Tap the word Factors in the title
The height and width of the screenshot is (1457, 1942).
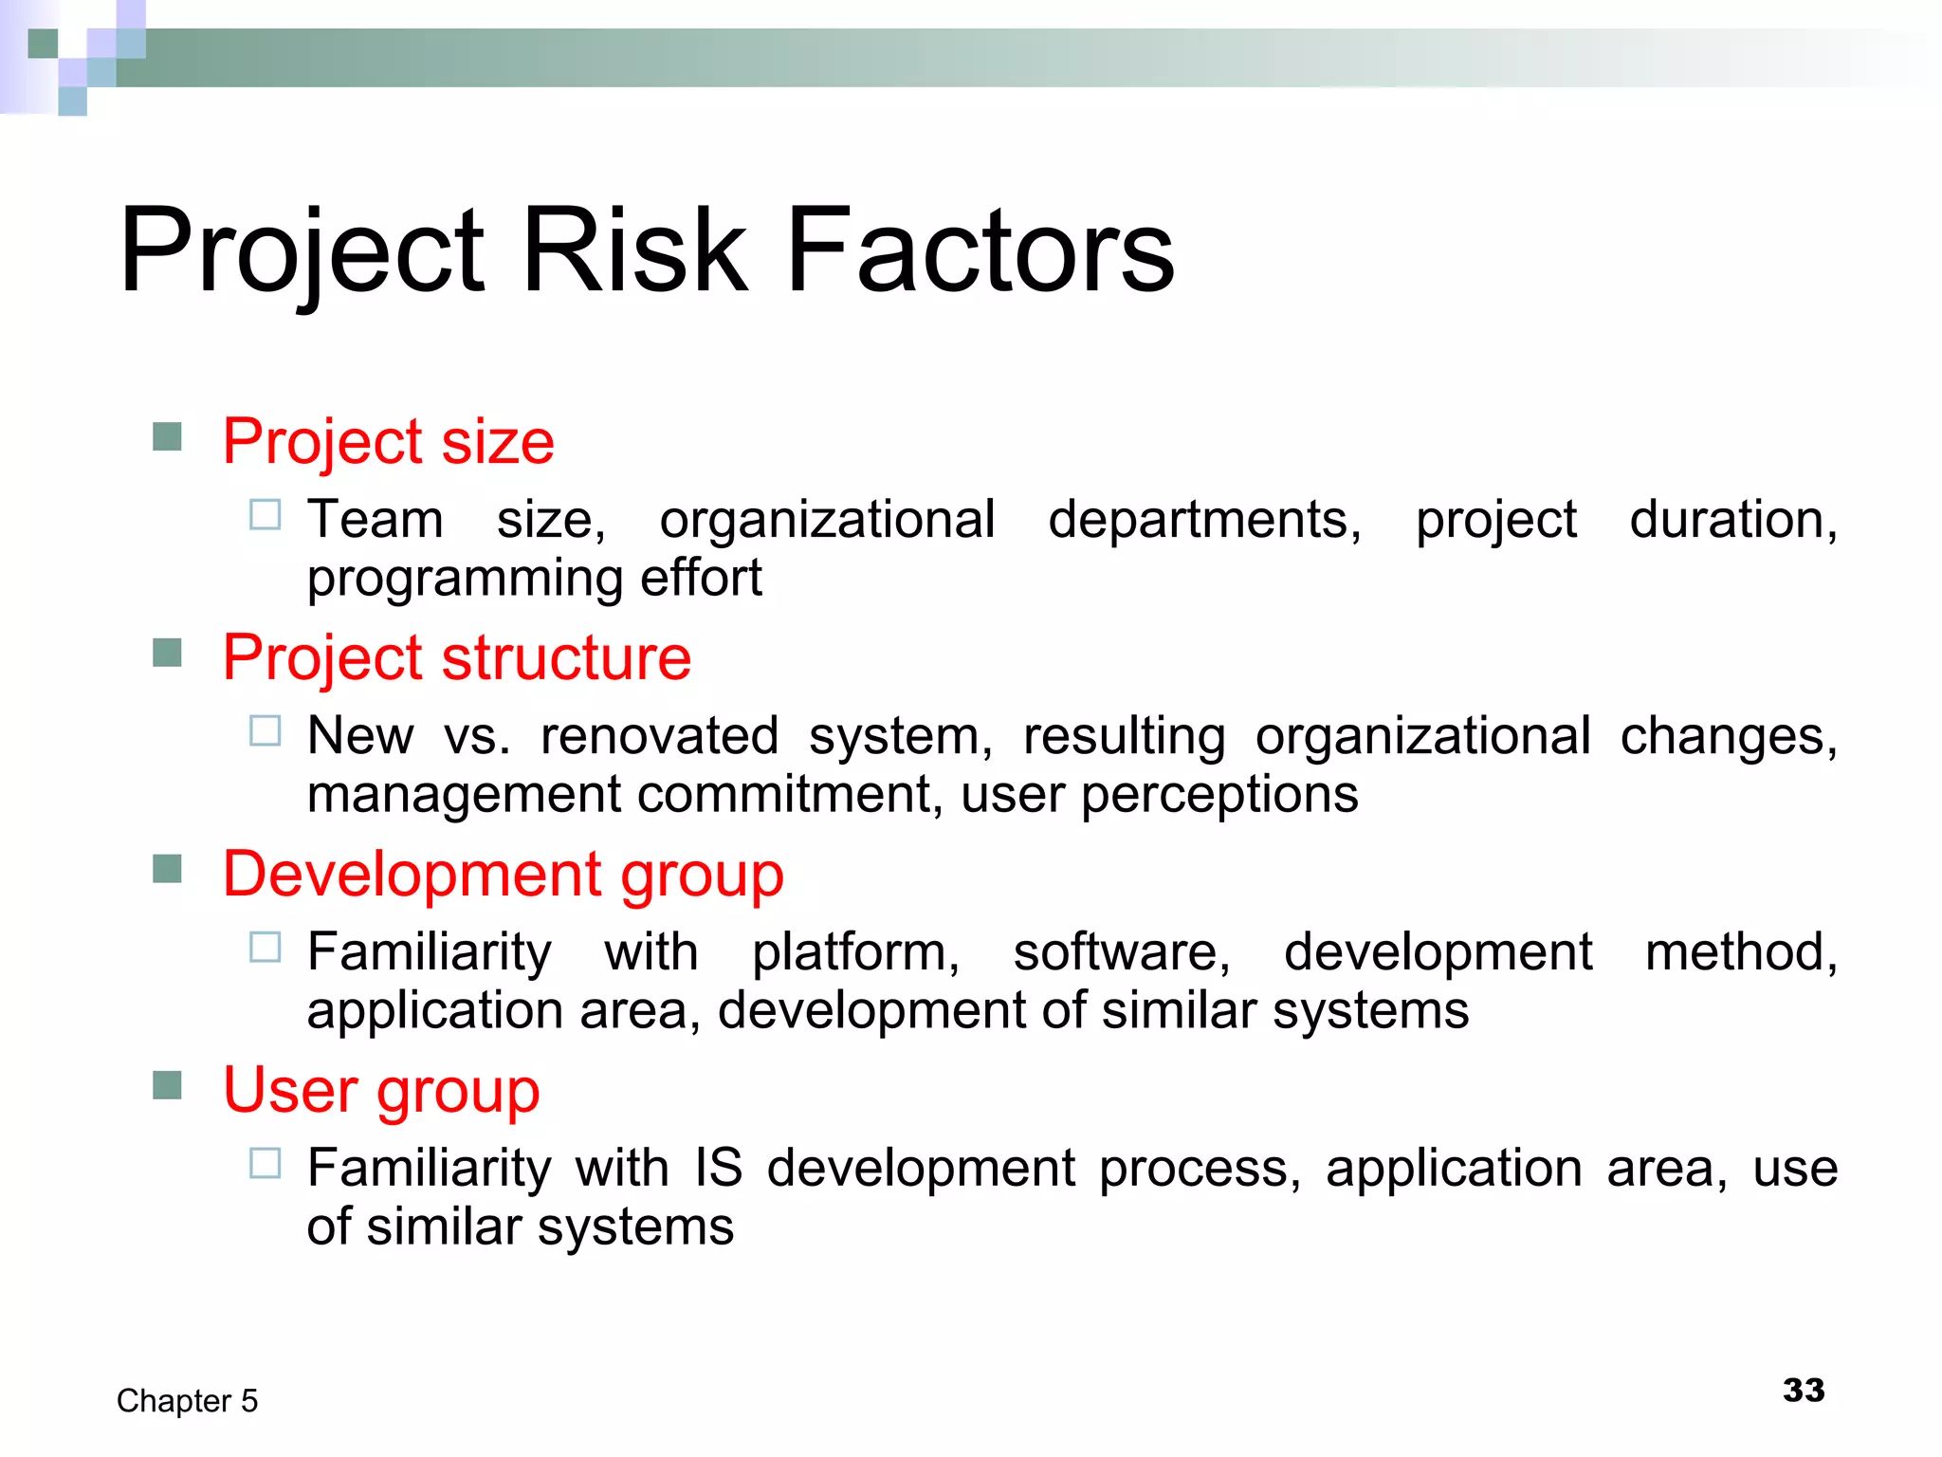point(980,250)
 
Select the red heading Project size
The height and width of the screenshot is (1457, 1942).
point(388,442)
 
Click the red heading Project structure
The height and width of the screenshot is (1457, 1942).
point(456,657)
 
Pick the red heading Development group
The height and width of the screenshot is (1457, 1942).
point(503,874)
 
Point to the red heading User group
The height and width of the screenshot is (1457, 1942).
point(381,1090)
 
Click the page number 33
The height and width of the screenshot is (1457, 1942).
point(1803,1391)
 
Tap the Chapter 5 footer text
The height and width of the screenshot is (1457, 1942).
point(187,1401)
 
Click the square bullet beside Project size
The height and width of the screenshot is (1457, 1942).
point(167,437)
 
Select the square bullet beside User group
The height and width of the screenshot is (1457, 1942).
point(167,1085)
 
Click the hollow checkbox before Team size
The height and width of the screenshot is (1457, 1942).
point(266,515)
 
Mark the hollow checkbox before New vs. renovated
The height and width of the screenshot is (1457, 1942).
point(266,731)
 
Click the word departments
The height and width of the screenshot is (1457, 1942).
point(1204,520)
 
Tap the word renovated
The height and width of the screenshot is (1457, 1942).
point(659,736)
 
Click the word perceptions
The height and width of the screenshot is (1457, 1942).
point(1219,794)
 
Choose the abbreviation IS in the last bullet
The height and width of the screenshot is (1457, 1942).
point(718,1168)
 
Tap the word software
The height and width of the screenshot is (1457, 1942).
point(1122,952)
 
